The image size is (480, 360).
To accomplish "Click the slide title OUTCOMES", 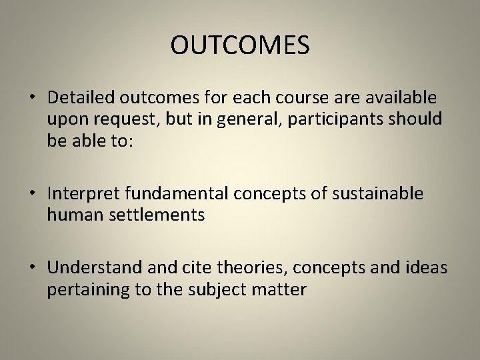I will click(240, 45).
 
